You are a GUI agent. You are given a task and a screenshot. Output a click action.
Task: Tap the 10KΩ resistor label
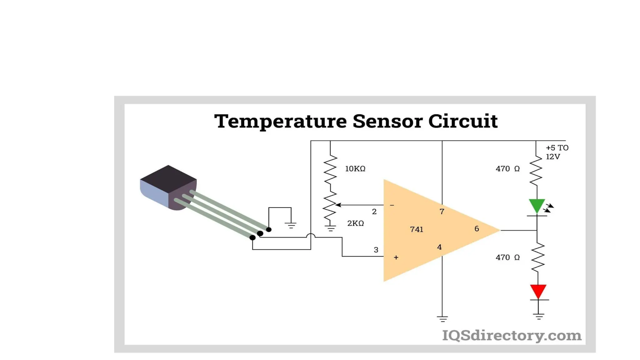click(x=355, y=169)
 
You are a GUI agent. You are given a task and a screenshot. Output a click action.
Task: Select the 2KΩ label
click(x=355, y=223)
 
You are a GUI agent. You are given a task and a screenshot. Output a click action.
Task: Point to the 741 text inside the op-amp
click(x=417, y=229)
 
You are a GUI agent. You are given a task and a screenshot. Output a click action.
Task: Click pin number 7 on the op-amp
click(x=442, y=212)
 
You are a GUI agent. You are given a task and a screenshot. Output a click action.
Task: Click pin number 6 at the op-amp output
click(x=477, y=229)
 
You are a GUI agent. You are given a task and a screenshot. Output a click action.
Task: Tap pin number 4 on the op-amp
click(x=439, y=247)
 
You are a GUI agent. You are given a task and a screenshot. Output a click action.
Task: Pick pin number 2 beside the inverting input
click(x=374, y=212)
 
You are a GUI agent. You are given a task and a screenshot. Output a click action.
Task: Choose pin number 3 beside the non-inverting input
click(x=376, y=250)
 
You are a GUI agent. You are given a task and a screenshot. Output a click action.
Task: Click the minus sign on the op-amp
click(x=392, y=205)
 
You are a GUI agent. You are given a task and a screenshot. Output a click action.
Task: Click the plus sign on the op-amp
click(x=396, y=257)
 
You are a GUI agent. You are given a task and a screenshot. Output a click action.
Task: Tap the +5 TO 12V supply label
click(x=557, y=152)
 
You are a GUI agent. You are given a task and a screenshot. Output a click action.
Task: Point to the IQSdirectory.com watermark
click(x=512, y=335)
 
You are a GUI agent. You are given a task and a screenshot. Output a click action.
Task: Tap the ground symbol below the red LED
click(x=539, y=317)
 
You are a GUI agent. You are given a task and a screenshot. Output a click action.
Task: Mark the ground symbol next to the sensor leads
click(x=291, y=225)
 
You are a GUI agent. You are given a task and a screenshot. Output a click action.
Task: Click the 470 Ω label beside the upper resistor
click(x=507, y=169)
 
